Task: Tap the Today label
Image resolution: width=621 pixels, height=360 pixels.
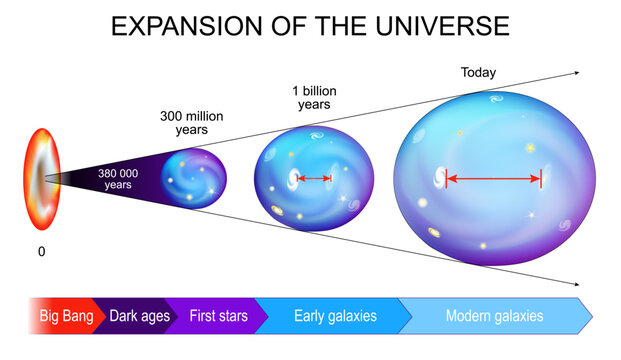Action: [478, 73]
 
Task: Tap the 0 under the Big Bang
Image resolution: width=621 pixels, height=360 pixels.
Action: [41, 252]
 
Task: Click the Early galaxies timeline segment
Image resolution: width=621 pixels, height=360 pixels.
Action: [335, 316]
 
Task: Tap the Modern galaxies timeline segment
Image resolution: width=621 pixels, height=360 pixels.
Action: [495, 316]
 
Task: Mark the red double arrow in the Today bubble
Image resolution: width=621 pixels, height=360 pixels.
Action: [493, 180]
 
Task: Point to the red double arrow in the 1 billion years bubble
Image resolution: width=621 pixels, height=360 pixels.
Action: [313, 179]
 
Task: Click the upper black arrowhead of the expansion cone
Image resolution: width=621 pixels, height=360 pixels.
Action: [574, 73]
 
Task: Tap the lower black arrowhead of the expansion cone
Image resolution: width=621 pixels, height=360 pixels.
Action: [574, 285]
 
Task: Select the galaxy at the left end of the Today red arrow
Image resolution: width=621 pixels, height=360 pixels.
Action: [439, 179]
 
